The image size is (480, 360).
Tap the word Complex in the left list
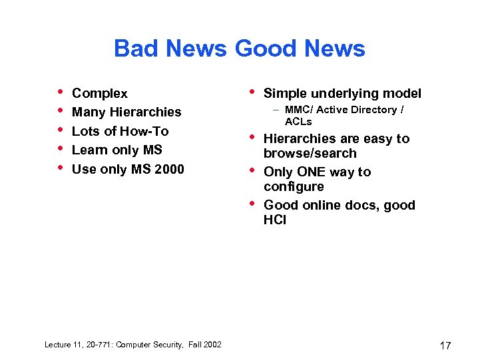[x=99, y=94]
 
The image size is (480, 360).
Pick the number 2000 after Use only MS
[x=168, y=169]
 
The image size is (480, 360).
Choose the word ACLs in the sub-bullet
[x=298, y=122]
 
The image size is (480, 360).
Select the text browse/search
[x=310, y=153]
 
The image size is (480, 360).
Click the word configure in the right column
[x=294, y=187]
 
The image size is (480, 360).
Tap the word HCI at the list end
[x=275, y=220]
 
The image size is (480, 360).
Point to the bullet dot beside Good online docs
[x=253, y=202]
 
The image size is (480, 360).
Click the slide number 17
[x=445, y=345]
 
